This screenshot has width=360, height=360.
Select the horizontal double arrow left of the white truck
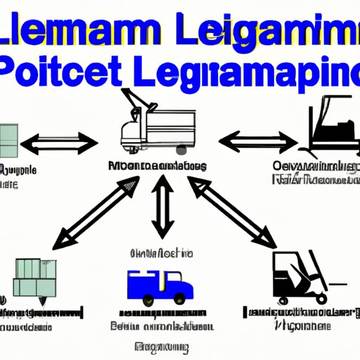click(x=58, y=145)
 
